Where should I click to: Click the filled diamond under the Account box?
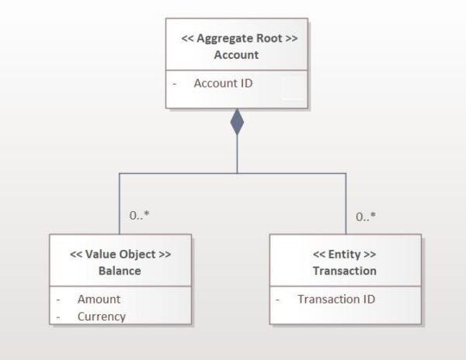237,122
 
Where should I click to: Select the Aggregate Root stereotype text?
239,39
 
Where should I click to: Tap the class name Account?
237,55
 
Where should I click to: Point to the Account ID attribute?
223,83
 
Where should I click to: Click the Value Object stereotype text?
120,254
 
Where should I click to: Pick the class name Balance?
120,271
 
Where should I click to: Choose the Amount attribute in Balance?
99,299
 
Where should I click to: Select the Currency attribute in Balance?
102,317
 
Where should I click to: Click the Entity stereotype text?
344,254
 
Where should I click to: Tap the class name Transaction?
345,271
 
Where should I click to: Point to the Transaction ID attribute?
336,299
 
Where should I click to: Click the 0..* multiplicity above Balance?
139,215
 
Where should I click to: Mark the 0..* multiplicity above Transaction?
366,216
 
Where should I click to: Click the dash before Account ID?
175,84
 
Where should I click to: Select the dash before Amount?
58,300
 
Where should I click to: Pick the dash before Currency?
58,317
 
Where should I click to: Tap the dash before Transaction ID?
277,300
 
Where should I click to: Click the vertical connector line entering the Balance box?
120,204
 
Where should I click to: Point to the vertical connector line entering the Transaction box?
346,204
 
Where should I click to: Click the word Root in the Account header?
270,39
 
